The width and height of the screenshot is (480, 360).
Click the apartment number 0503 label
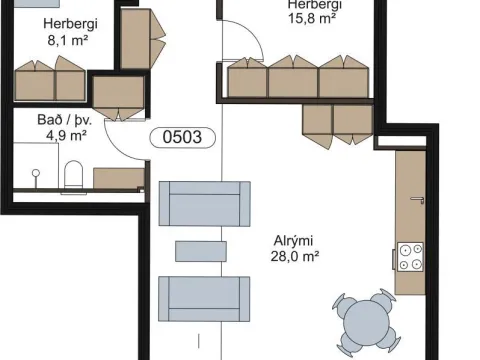coord(183,137)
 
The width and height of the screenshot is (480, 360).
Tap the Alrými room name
coord(293,241)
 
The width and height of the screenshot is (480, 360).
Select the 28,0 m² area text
coord(295,257)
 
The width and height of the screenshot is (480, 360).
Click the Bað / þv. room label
coord(64,120)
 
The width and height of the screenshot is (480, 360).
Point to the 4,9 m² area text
coord(66,136)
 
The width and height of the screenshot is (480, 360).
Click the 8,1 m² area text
coord(68,40)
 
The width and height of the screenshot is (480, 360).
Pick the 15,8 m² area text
coord(312,18)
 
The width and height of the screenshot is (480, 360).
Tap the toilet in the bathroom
coord(73,176)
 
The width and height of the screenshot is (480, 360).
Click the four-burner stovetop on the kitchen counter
coord(410,257)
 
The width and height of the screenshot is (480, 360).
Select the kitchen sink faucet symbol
coord(418,200)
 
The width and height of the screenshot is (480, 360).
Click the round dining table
coord(366,323)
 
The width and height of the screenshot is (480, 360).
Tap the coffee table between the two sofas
coord(201,251)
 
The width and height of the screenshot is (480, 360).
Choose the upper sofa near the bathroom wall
coord(205,204)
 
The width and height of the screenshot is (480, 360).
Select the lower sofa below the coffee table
coord(204,299)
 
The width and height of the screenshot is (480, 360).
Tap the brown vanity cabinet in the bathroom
coord(119,178)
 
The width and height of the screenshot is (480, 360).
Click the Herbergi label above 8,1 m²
coord(70,24)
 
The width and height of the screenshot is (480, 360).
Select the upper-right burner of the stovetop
coord(417,249)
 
